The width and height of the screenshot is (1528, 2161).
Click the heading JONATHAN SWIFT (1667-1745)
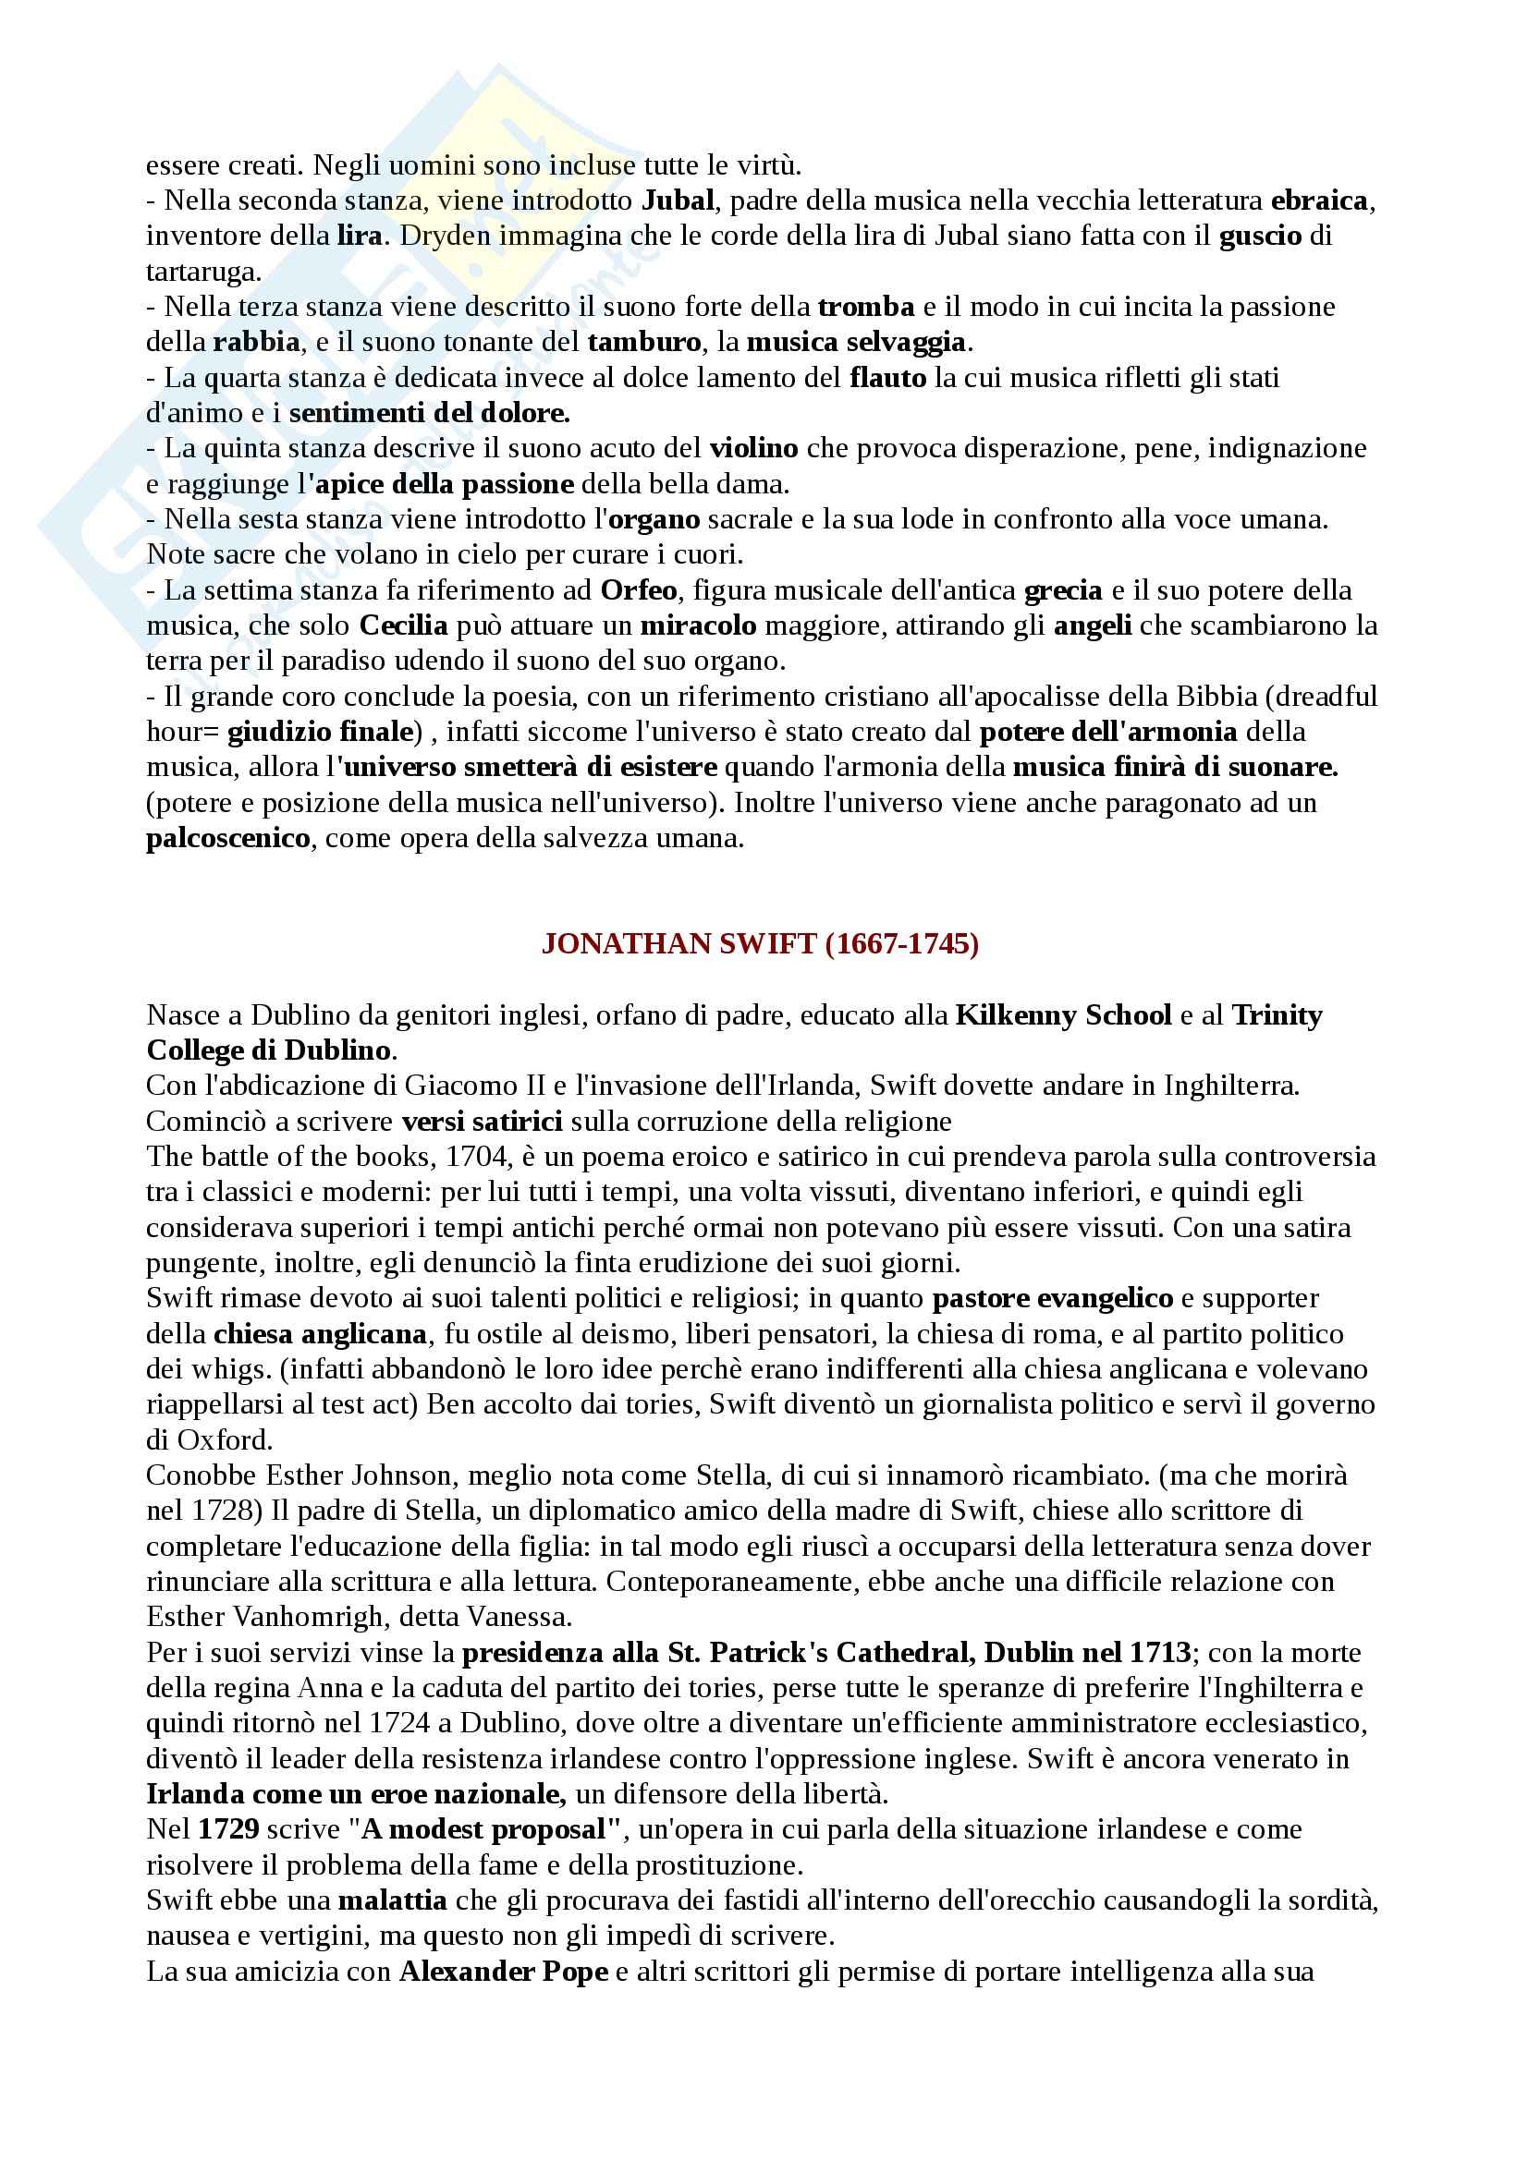point(760,944)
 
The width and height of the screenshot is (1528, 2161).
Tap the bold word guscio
point(1260,236)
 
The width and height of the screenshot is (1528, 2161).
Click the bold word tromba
point(866,306)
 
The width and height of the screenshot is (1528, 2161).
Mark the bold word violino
point(753,448)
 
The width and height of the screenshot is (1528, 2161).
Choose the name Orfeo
point(639,590)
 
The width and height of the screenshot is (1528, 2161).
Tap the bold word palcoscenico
point(227,838)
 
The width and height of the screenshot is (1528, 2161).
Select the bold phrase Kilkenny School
point(1063,1014)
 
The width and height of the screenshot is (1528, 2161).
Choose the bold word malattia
point(393,1900)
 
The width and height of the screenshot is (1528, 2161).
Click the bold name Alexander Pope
point(504,1971)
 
